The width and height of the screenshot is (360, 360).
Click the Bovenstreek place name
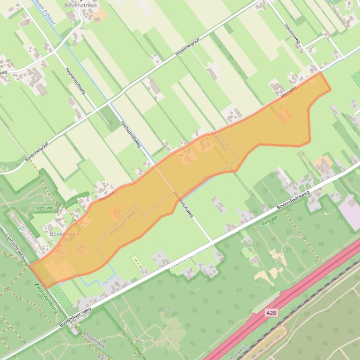pos(81,6)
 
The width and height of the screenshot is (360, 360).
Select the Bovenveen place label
pos(64,233)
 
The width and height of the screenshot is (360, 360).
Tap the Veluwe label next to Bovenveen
pos(45,208)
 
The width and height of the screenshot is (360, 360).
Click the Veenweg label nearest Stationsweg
pos(288,91)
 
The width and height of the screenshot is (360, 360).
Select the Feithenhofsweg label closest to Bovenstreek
pos(75,81)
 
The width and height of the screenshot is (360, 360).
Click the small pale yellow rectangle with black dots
pos(136,262)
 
